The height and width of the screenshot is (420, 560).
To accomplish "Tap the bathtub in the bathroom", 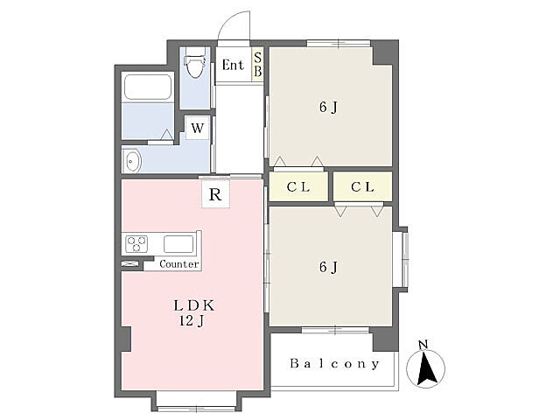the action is click(x=148, y=87).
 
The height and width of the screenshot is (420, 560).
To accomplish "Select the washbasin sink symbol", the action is click(x=131, y=161).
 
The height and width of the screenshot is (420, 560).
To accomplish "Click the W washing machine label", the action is click(x=198, y=128).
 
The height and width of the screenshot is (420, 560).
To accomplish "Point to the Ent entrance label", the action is click(x=233, y=65).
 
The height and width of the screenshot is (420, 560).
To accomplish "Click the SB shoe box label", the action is click(x=258, y=64).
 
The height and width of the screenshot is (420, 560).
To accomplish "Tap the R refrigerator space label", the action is click(x=215, y=194).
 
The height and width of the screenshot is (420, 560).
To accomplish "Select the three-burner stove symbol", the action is click(x=136, y=244).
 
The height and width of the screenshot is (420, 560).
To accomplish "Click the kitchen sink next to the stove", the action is click(x=178, y=244).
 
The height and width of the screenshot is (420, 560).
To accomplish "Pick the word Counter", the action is click(x=178, y=264).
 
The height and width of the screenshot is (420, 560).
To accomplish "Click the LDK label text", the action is click(x=194, y=305).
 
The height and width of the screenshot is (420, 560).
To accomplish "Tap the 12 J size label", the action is click(x=192, y=321).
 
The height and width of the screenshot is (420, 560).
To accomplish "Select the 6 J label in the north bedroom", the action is click(x=328, y=107).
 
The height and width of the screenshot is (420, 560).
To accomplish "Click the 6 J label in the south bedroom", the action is click(x=328, y=267).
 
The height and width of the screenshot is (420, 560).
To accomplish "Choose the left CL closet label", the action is click(x=297, y=186).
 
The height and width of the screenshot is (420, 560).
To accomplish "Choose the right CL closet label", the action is click(x=362, y=186).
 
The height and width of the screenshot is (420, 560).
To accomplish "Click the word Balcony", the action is click(x=334, y=364).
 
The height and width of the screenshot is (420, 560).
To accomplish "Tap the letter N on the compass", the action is click(x=423, y=345).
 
